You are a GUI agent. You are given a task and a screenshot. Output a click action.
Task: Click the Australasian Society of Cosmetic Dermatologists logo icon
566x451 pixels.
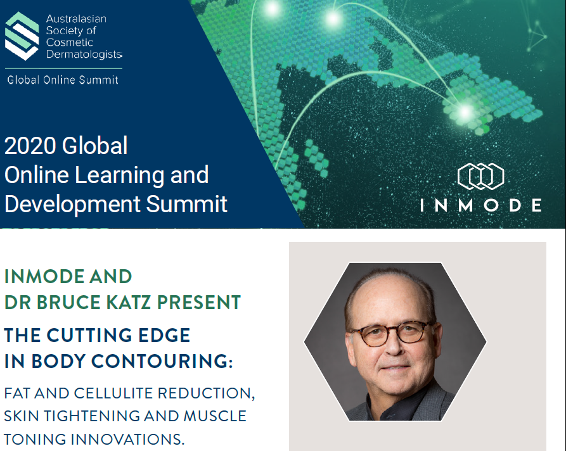pyautogui.click(x=22, y=36)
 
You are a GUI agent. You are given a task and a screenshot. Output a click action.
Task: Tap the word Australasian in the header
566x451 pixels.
pyautogui.click(x=76, y=19)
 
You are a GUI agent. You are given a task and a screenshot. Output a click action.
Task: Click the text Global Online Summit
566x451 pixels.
pyautogui.click(x=63, y=80)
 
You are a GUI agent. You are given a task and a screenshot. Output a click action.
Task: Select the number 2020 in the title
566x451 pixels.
pyautogui.click(x=30, y=146)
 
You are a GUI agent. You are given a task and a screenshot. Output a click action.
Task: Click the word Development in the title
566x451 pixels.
pyautogui.click(x=72, y=205)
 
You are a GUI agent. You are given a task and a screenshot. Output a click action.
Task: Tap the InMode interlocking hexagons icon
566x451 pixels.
pyautogui.click(x=481, y=176)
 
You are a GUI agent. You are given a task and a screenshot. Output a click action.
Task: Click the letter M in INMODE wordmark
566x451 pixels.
pyautogui.click(x=466, y=205)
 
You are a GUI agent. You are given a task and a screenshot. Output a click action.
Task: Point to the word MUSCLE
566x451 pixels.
pyautogui.click(x=215, y=416)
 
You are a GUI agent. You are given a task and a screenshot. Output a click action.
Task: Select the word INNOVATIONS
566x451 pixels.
pyautogui.click(x=127, y=439)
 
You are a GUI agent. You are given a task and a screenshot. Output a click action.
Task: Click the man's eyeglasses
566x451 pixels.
pyautogui.click(x=392, y=333)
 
